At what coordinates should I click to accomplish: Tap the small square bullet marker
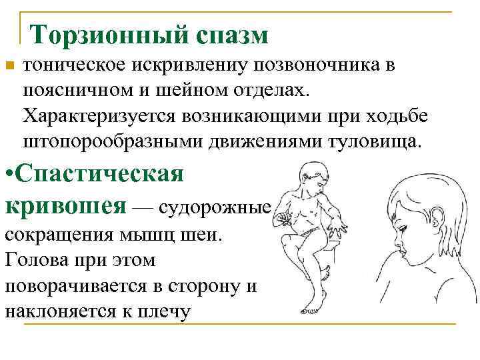pyautogui.click(x=9, y=65)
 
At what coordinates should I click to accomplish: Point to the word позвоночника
pyautogui.click(x=313, y=65)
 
